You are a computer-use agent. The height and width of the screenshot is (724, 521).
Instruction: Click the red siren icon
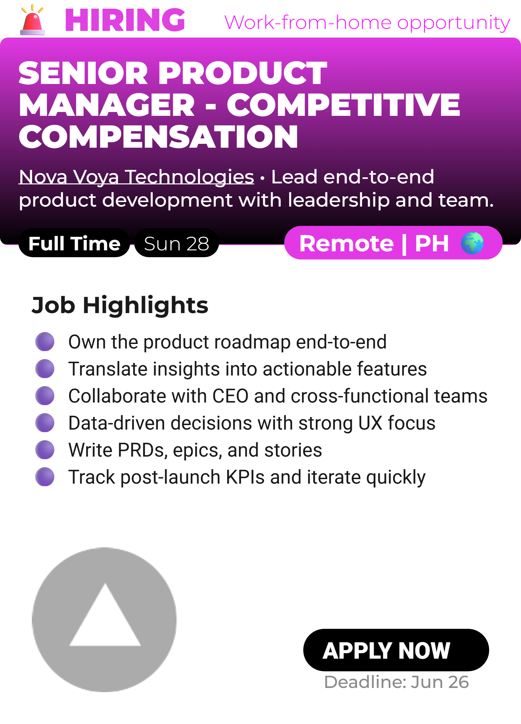32,20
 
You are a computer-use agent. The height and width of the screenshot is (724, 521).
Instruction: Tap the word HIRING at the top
125,20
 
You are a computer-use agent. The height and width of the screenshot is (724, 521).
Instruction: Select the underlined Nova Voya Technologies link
136,177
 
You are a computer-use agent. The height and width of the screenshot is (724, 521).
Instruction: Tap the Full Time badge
74,243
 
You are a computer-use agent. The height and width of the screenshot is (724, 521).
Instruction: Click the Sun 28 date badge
177,243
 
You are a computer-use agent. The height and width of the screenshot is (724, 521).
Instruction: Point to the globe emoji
472,243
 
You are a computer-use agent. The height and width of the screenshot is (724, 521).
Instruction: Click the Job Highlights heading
120,305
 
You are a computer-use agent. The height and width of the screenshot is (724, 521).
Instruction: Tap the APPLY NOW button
396,650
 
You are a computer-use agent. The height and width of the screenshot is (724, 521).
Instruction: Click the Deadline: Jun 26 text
397,682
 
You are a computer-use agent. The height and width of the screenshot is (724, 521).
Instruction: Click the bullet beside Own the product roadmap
45,341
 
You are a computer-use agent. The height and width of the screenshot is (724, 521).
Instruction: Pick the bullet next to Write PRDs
45,450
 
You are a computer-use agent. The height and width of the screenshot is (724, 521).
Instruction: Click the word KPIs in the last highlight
245,477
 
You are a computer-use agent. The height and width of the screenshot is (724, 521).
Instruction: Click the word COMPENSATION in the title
158,137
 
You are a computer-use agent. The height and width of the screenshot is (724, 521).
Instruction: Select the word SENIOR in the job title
83,73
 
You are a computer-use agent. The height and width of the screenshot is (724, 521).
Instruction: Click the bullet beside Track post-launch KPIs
45,477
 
